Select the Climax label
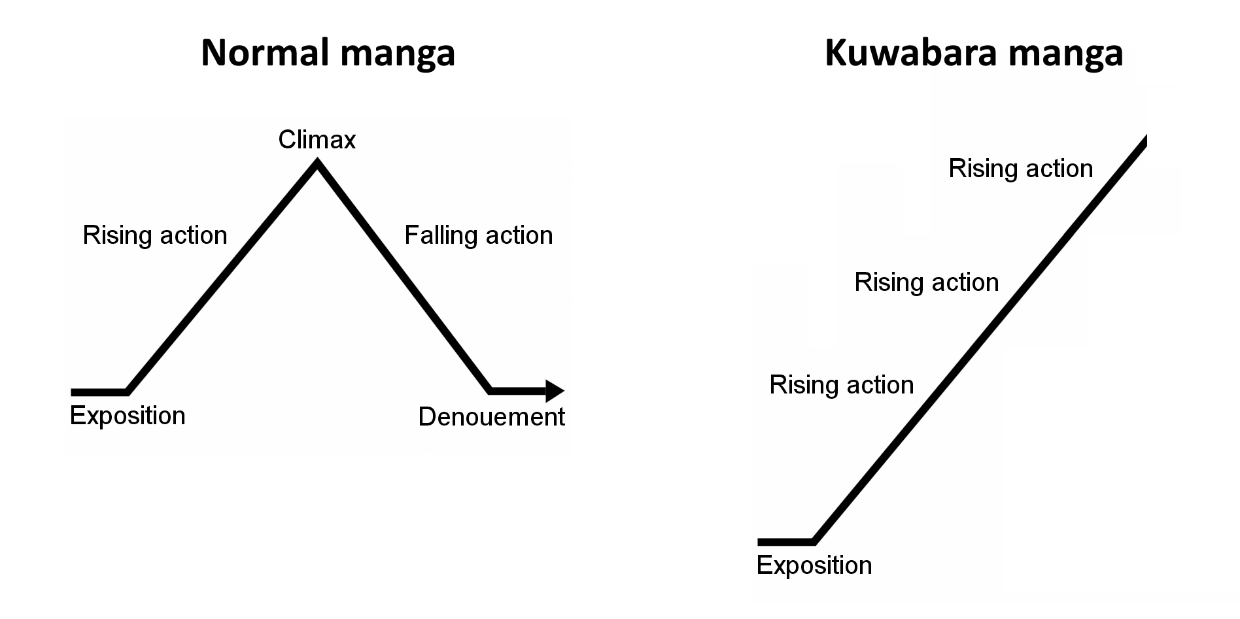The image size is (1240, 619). point(317,139)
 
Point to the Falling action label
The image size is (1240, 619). point(478,235)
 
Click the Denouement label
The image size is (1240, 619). point(491,416)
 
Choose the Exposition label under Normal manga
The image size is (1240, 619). point(128,416)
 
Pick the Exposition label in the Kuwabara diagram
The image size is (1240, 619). point(814,565)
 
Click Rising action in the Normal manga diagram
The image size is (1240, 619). point(155,235)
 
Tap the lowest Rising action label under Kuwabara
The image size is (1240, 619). point(841,385)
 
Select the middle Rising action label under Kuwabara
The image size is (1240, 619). point(926,282)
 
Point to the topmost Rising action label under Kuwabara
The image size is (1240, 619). point(1020,169)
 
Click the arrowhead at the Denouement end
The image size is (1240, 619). point(554,391)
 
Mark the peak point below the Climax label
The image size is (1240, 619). point(318,165)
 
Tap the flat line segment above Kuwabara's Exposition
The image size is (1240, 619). point(785,542)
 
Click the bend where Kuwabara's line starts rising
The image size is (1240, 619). point(814,541)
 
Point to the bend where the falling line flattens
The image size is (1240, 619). point(491,390)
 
